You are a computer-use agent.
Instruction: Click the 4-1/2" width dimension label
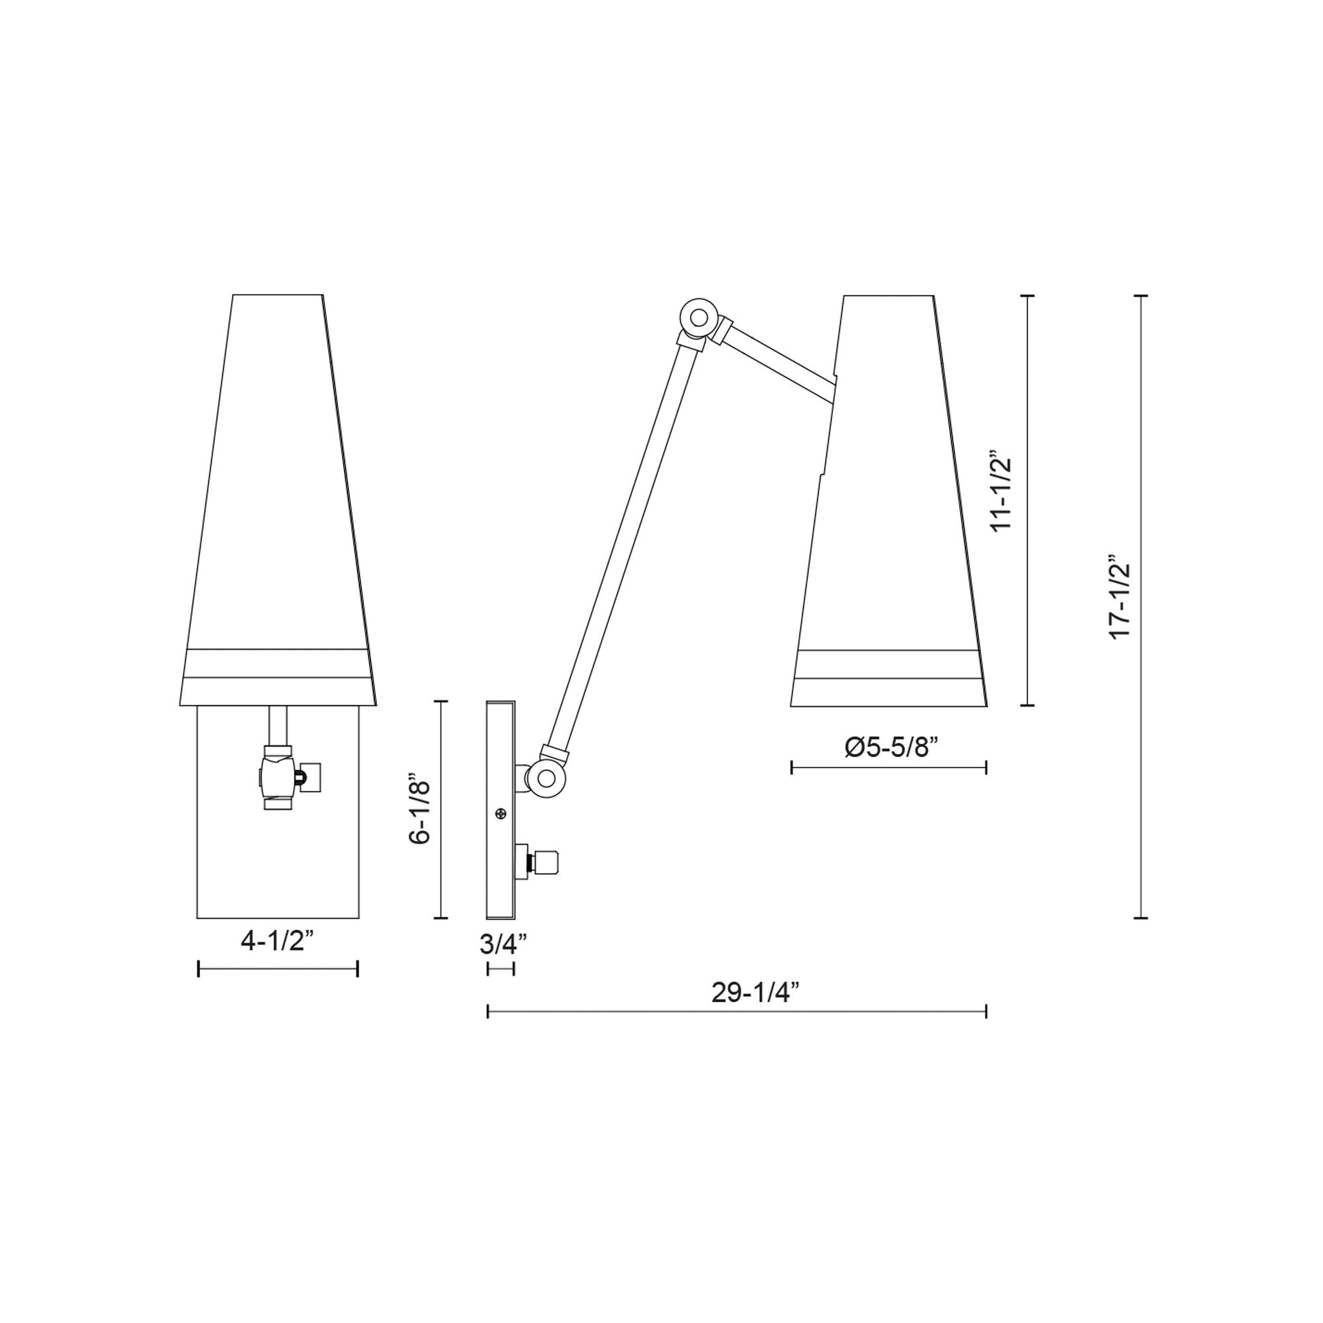(277, 941)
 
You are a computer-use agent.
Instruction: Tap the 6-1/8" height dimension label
(419, 809)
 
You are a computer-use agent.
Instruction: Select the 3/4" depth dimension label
(502, 944)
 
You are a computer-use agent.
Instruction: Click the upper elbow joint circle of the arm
(698, 317)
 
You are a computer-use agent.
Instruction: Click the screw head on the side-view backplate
(501, 814)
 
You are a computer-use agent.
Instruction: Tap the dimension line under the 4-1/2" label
(277, 968)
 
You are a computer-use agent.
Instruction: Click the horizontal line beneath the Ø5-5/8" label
(888, 768)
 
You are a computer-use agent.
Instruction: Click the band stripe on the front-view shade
(277, 663)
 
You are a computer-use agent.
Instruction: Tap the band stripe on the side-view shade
(888, 664)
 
